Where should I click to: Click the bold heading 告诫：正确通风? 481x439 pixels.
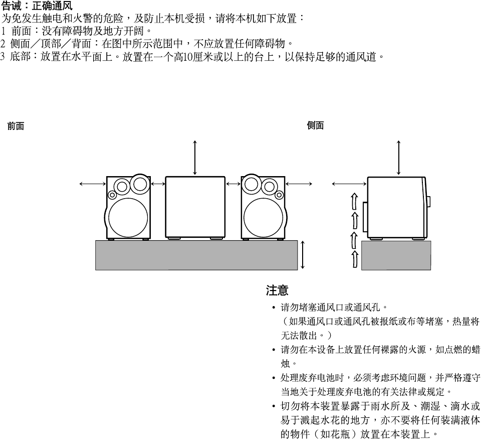click(x=37, y=7)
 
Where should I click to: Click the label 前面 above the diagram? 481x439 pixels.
click(x=16, y=126)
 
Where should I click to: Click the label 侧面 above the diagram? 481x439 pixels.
click(x=315, y=126)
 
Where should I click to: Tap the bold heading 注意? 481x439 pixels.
click(x=277, y=290)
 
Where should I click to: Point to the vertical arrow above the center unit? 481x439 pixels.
click(x=195, y=158)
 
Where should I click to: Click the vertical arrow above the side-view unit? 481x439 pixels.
click(x=398, y=158)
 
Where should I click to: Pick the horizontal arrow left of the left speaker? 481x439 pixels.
click(x=93, y=184)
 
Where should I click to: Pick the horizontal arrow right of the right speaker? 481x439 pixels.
click(x=299, y=184)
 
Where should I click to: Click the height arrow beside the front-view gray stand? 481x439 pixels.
click(x=303, y=255)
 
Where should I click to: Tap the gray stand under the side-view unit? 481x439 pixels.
click(x=396, y=255)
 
